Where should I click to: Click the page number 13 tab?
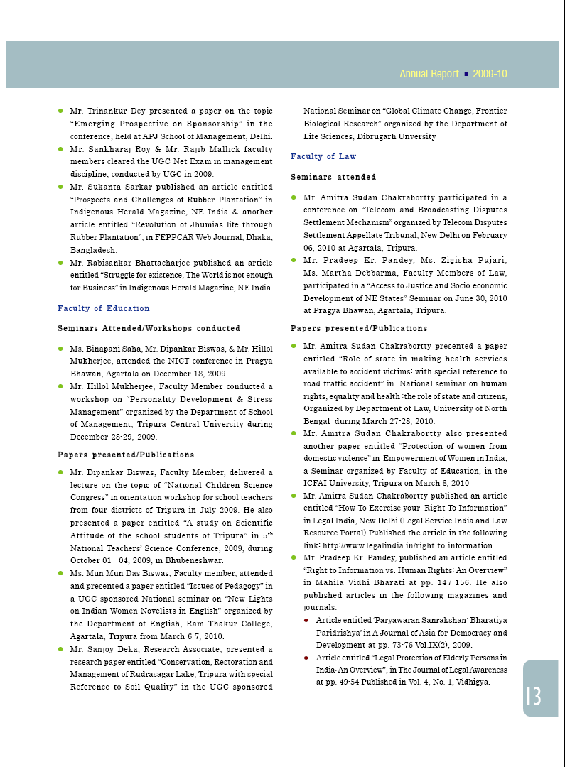(534, 696)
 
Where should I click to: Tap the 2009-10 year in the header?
(490, 74)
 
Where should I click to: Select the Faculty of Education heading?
(104, 308)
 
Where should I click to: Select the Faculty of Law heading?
(323, 156)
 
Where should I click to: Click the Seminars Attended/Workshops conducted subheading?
(149, 328)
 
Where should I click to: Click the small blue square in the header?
(466, 74)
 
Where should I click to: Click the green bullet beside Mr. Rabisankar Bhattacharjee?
(61, 263)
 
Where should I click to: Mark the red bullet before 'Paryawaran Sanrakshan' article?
(306, 620)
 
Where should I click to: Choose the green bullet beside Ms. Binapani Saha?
(61, 348)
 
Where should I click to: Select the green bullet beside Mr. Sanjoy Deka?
(61, 649)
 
